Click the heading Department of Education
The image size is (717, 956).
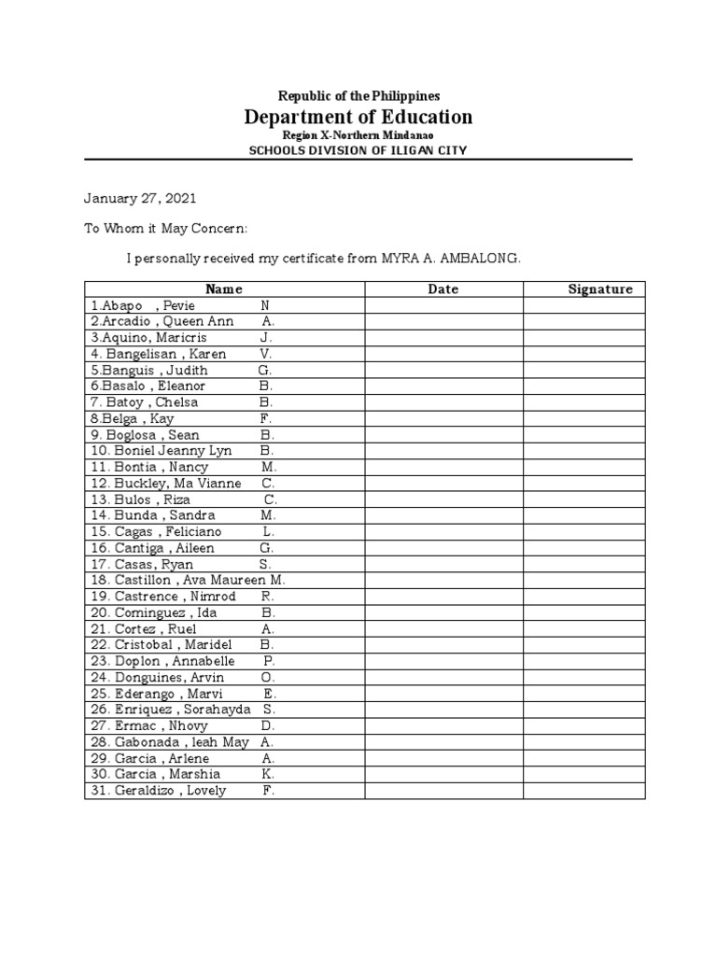tap(358, 117)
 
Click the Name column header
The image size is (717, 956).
tap(224, 289)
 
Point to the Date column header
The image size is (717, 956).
tap(443, 289)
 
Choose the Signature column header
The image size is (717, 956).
tap(600, 289)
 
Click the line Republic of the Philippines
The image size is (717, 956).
tap(358, 96)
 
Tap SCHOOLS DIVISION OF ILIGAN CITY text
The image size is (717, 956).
tap(358, 151)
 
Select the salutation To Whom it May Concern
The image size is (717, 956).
tap(167, 229)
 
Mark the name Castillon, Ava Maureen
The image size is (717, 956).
tap(187, 581)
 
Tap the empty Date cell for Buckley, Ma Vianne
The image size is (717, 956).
tap(443, 484)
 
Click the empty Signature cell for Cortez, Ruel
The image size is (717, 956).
tap(583, 628)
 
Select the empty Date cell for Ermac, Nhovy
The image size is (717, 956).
tap(443, 725)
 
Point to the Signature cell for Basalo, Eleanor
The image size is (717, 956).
tap(583, 386)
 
